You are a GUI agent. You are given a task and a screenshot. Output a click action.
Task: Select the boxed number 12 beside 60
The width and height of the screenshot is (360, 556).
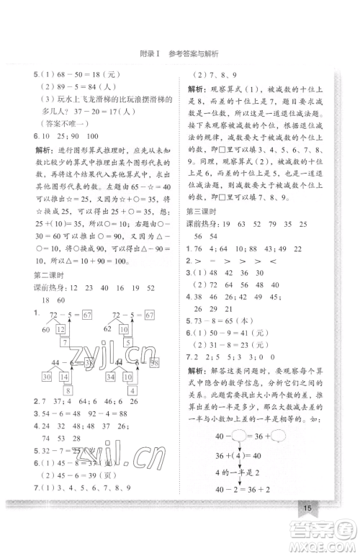click(x=60, y=329)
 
